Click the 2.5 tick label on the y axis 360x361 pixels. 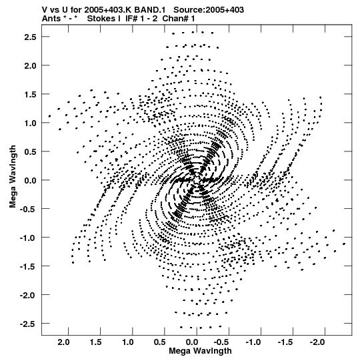pyautogui.click(x=31, y=37)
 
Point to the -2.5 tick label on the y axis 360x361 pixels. pyautogui.click(x=28, y=324)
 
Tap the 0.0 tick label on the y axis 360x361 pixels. pyautogui.click(x=31, y=180)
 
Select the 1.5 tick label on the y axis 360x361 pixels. pyautogui.click(x=31, y=94)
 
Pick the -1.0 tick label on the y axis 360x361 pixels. pyautogui.click(x=28, y=238)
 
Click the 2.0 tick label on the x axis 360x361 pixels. pyautogui.click(x=63, y=342)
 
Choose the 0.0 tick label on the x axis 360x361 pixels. pyautogui.click(x=192, y=342)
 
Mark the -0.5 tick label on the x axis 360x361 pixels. pyautogui.click(x=221, y=342)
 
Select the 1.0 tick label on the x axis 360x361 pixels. pyautogui.click(x=128, y=342)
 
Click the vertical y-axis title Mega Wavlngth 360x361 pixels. pyautogui.click(x=13, y=177)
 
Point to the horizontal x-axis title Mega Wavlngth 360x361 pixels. pyautogui.click(x=200, y=351)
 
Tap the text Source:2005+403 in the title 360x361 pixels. pyautogui.click(x=209, y=10)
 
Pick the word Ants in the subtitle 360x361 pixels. pyautogui.click(x=51, y=19)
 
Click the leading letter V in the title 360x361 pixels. pyautogui.click(x=45, y=10)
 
